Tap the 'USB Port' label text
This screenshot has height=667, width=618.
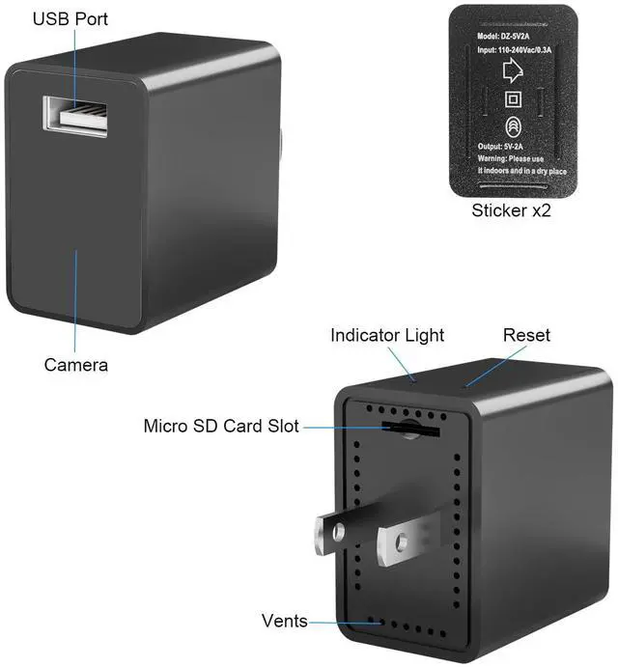tap(70, 19)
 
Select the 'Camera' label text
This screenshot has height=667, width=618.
tap(75, 366)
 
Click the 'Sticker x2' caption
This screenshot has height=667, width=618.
tap(511, 209)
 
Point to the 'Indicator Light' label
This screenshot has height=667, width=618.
tap(387, 336)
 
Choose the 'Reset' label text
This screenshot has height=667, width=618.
tap(526, 336)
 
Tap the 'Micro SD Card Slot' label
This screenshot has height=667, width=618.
tap(221, 426)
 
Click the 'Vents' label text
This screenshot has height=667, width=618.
tap(285, 621)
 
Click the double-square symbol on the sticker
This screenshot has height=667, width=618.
tap(513, 99)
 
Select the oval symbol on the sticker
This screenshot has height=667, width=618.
tap(513, 126)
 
